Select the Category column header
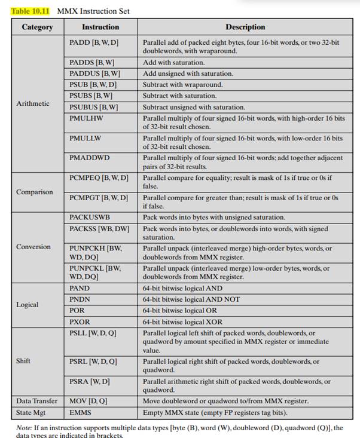tap(37, 27)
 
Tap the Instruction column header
tap(100, 27)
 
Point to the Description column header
tap(245, 27)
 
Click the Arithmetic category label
tap(33, 103)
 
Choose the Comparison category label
tap(35, 192)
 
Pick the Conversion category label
tap(33, 246)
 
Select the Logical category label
tap(27, 304)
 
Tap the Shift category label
tap(23, 361)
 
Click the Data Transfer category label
tap(37, 401)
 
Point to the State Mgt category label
tap(30, 412)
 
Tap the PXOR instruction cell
tap(80, 321)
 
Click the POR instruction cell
tap(78, 310)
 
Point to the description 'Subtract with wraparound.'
tap(179, 85)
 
